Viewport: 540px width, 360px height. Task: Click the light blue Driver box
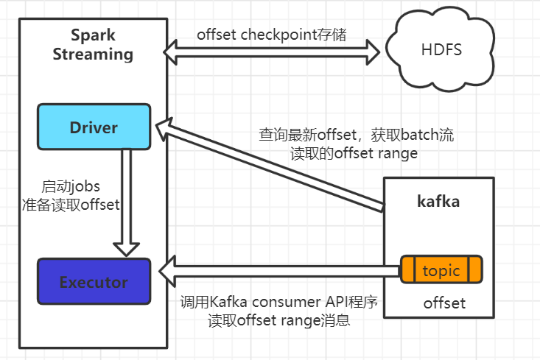tap(94, 127)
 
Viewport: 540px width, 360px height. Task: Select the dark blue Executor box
tap(94, 281)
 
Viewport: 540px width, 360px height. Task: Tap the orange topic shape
tap(441, 269)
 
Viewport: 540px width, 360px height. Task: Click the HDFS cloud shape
tap(441, 49)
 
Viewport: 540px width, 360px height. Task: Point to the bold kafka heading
tap(438, 201)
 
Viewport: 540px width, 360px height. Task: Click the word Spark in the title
tap(93, 35)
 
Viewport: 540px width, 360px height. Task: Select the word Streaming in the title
tap(93, 54)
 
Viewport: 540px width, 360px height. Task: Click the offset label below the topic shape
tap(444, 303)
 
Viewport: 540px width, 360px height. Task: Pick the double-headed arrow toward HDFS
tap(271, 52)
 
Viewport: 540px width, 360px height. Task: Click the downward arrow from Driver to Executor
tap(127, 202)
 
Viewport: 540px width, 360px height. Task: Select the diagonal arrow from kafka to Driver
tap(270, 164)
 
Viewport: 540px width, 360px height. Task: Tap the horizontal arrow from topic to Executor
tap(280, 271)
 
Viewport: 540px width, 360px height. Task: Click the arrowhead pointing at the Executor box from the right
tap(168, 271)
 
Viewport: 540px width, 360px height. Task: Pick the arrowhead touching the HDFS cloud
tap(373, 52)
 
